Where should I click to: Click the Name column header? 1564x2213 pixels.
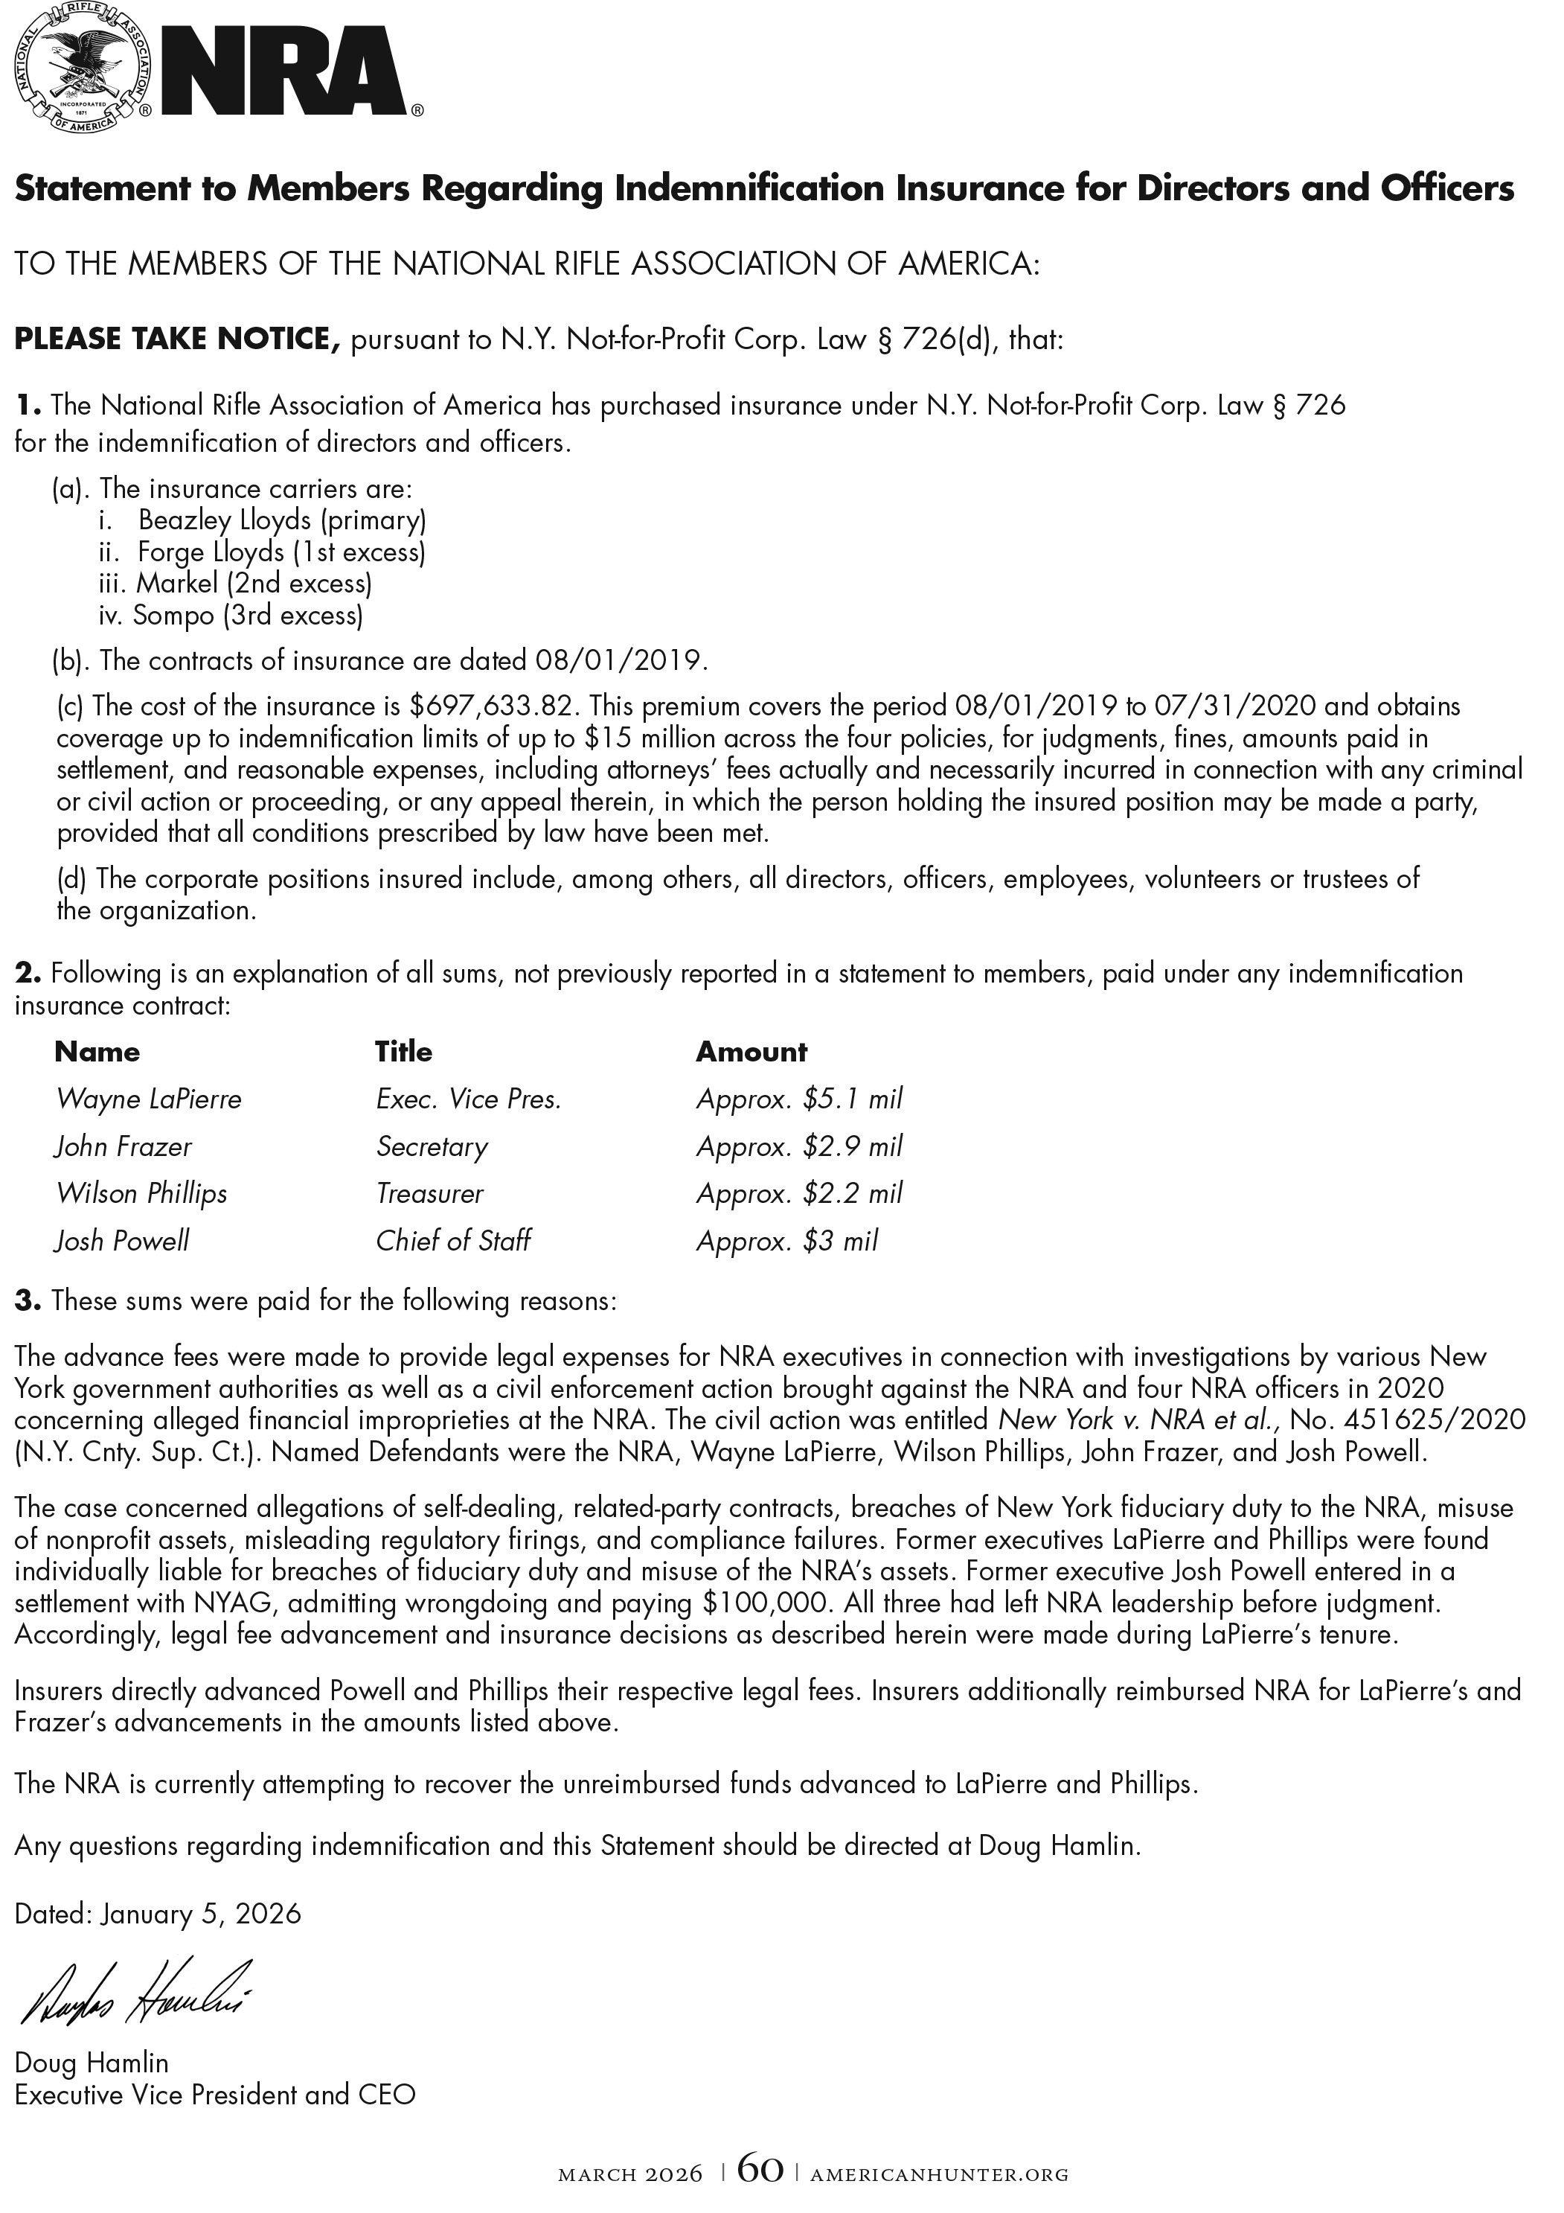tap(97, 1052)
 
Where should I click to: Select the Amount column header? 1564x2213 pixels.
tap(751, 1052)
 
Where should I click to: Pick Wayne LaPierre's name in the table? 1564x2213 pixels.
tap(148, 1099)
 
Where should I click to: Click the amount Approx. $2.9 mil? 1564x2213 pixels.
tap(799, 1146)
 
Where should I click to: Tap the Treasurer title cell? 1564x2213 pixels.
tap(430, 1193)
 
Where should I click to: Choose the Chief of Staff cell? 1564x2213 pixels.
tap(453, 1240)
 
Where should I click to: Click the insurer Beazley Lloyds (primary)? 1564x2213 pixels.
tap(281, 520)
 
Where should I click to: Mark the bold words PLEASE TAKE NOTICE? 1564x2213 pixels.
tap(177, 339)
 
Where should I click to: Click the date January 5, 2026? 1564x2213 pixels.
tap(200, 1913)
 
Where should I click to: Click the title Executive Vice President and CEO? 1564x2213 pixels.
tap(215, 2095)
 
